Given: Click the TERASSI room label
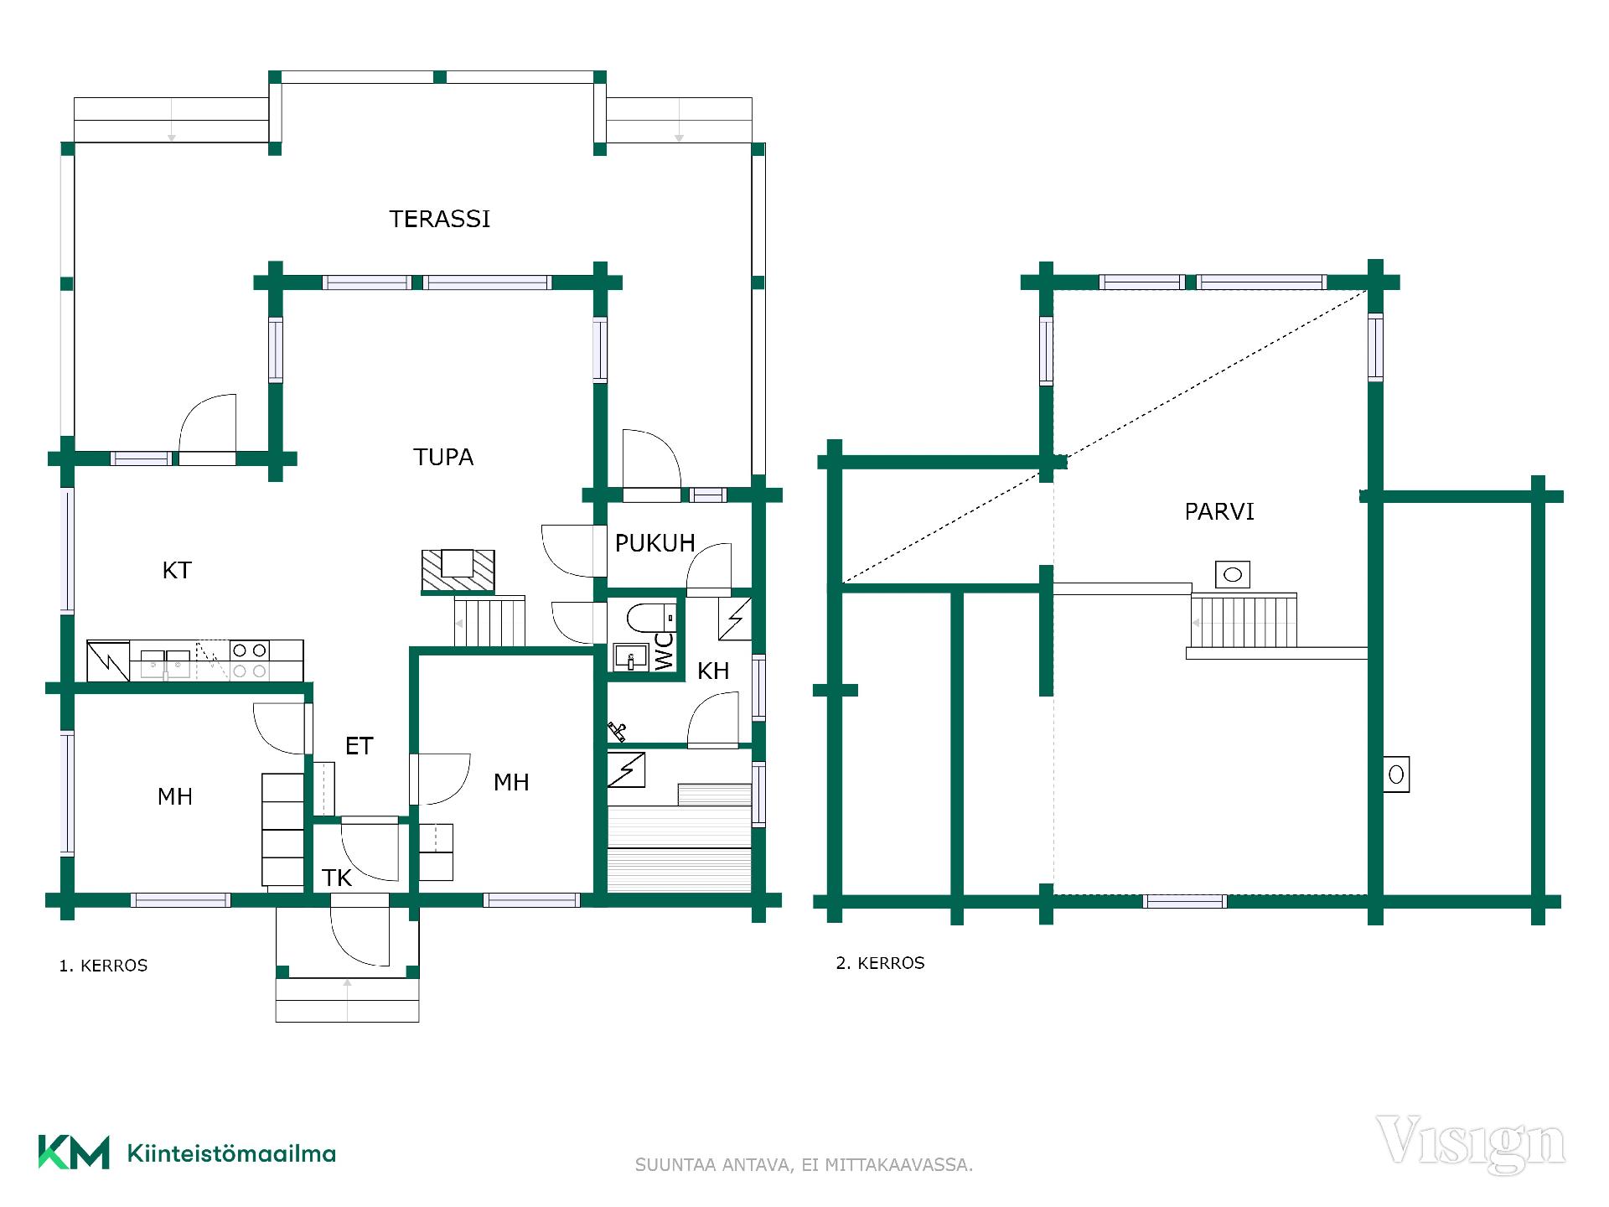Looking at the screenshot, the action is click(439, 219).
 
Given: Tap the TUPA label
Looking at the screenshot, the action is click(443, 457).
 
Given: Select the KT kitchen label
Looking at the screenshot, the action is click(177, 570).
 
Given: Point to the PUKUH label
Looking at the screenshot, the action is click(655, 543).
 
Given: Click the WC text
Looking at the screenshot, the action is click(664, 650).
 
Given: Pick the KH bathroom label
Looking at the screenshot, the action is click(713, 671).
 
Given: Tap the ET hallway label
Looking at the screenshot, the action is click(359, 746).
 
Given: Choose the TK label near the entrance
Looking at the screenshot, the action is click(337, 878).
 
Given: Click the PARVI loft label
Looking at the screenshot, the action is click(1219, 511).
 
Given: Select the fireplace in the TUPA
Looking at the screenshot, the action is click(458, 572).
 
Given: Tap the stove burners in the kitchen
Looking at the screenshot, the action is click(249, 660).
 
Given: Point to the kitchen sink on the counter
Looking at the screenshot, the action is click(165, 663).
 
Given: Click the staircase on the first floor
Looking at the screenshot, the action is click(489, 621).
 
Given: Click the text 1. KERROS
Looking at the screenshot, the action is click(103, 966).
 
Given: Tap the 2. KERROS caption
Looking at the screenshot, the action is click(880, 963).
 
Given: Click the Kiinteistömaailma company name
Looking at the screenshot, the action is click(231, 1153).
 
